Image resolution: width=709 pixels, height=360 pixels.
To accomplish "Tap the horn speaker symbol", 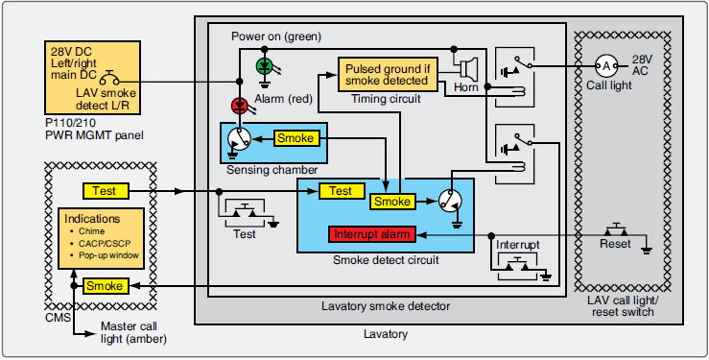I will (x=468, y=69).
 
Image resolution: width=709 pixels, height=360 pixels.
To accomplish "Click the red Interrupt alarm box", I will (x=371, y=235).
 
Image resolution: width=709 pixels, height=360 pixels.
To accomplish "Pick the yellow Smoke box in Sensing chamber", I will (x=295, y=138).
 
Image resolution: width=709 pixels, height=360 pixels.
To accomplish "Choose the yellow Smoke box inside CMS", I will (x=104, y=286).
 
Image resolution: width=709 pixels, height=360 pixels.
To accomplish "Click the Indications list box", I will (x=101, y=238).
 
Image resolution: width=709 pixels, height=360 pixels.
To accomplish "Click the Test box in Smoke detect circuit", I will (x=341, y=191).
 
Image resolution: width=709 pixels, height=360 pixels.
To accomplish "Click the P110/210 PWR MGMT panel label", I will (x=93, y=130).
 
